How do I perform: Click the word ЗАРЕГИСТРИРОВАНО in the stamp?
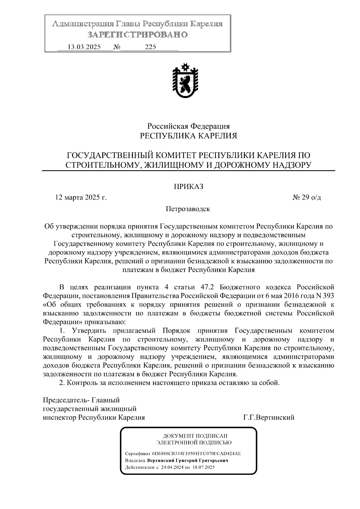tap(138, 35)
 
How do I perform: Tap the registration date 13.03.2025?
tap(84, 47)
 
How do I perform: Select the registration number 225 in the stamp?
tap(151, 47)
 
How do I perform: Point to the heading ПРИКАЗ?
tap(189, 187)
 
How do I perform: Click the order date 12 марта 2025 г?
tap(81, 198)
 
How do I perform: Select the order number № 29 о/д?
tap(307, 198)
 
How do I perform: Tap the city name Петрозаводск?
tap(188, 209)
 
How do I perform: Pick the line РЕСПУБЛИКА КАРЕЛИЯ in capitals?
tap(189, 136)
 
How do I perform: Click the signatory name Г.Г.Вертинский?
tap(269, 417)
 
